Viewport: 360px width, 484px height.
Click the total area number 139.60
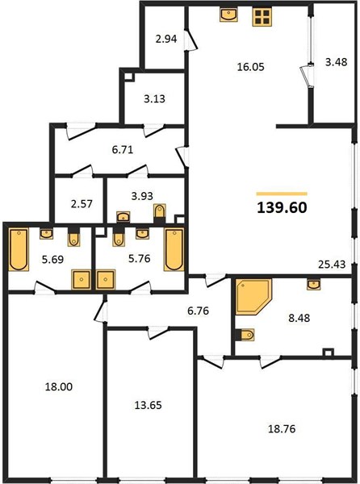282,208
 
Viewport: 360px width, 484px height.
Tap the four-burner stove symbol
262,17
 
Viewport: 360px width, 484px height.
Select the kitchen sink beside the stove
228,15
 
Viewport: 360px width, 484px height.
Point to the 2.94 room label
166,39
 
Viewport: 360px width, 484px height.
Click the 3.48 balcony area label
337,62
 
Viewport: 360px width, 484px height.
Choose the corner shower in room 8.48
253,297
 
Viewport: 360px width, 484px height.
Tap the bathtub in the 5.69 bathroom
19,249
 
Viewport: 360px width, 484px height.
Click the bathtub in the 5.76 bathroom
174,249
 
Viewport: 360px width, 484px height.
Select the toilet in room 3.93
160,211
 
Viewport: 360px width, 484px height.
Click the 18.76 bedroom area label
282,429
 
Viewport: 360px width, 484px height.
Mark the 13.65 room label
148,405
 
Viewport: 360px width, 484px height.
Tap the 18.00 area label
59,386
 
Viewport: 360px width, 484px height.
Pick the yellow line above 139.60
282,194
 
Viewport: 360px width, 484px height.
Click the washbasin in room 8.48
313,284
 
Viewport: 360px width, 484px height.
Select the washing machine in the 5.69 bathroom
82,280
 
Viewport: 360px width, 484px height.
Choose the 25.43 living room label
332,265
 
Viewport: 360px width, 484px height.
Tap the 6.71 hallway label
122,150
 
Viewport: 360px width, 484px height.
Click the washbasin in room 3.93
123,216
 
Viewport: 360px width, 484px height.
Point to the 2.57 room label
82,204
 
